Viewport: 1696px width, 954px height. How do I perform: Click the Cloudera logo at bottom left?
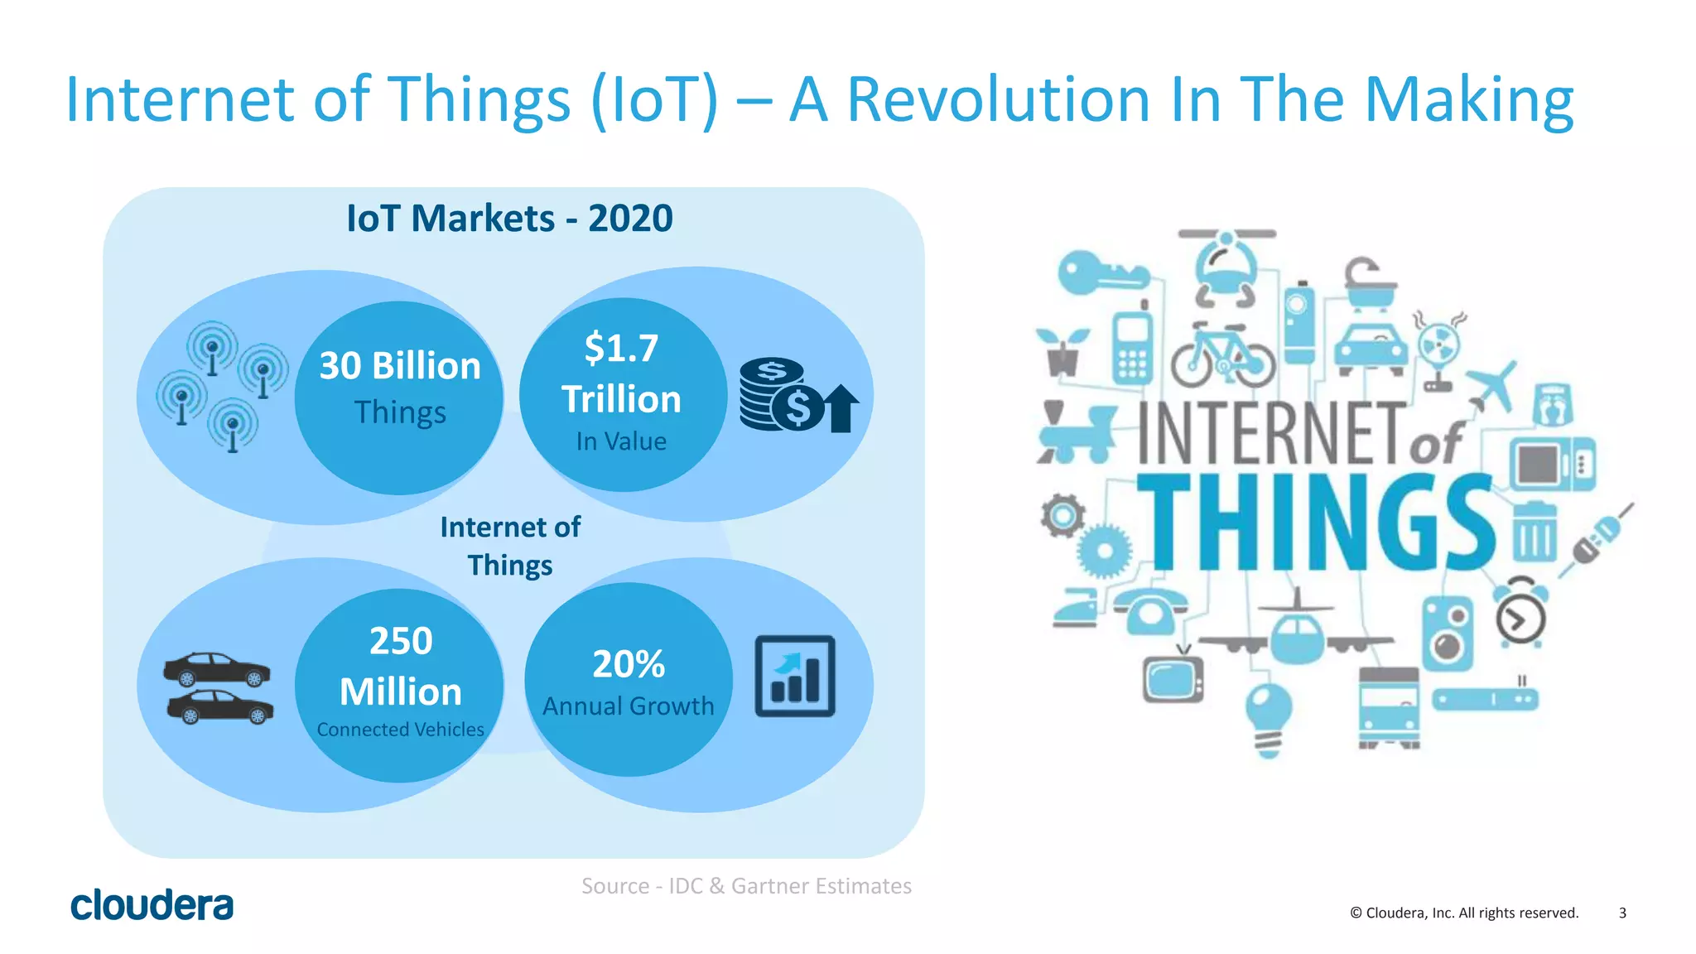(x=152, y=905)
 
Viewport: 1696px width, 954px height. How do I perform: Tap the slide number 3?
(x=1622, y=913)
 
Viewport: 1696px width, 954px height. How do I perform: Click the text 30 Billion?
(x=400, y=366)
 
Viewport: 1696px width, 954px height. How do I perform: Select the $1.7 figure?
(x=621, y=348)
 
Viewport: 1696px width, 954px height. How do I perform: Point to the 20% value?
(x=629, y=664)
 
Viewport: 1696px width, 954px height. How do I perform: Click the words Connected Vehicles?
(x=400, y=730)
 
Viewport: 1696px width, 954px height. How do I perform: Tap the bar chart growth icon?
(x=794, y=677)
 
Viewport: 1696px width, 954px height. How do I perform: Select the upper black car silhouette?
(x=217, y=669)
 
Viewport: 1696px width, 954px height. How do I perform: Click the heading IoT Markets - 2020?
(x=509, y=219)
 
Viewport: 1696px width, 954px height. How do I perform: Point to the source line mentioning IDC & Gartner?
(x=746, y=886)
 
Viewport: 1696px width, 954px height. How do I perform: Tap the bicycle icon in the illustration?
(x=1223, y=356)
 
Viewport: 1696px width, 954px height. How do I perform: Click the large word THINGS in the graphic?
(x=1317, y=523)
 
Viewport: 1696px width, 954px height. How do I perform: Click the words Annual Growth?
(x=629, y=706)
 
